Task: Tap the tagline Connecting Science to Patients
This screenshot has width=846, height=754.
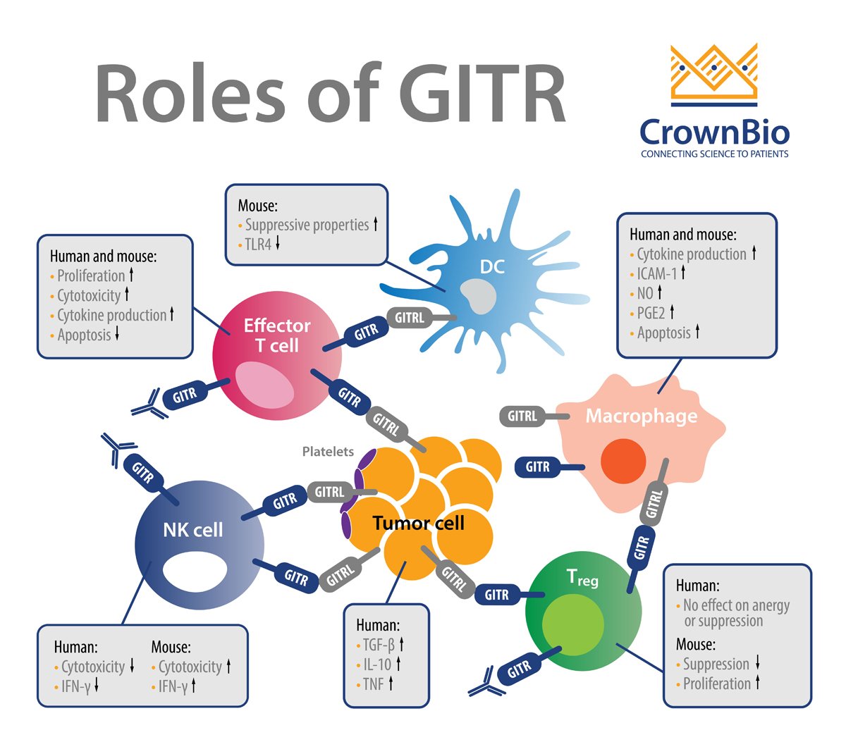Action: click(714, 154)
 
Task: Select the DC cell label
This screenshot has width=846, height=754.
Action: click(492, 267)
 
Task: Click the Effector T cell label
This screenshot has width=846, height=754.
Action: click(277, 335)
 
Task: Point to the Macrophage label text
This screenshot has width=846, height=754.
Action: click(641, 416)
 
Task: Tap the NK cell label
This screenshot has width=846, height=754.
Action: click(192, 530)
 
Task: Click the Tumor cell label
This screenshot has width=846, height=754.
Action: click(418, 523)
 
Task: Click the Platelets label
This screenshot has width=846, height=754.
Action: click(328, 452)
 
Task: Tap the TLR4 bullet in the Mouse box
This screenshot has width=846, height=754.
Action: click(258, 245)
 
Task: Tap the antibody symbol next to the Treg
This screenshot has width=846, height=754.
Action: click(486, 686)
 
